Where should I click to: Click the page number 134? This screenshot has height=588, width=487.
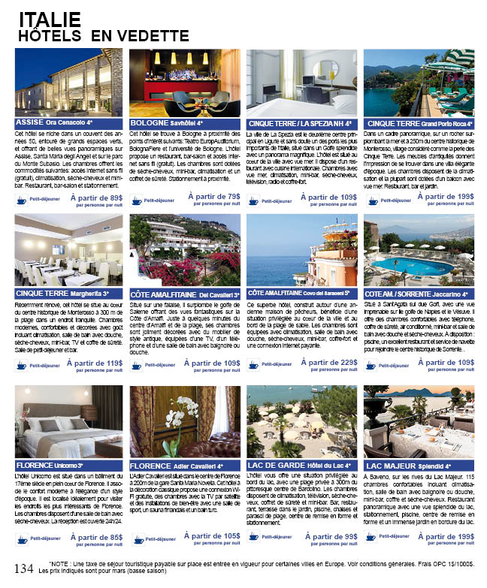[23, 568]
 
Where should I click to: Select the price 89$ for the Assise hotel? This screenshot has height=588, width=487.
[110, 197]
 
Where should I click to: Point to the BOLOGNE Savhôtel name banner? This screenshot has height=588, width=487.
[185, 123]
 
